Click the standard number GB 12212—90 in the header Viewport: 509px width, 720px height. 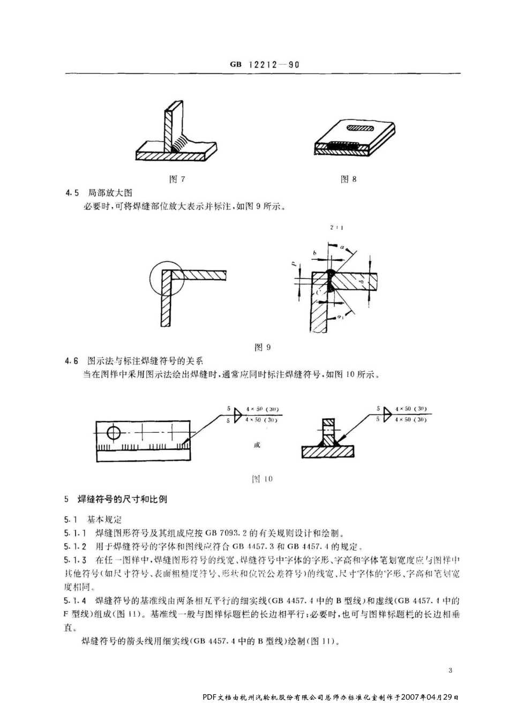click(265, 64)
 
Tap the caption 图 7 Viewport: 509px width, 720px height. click(177, 179)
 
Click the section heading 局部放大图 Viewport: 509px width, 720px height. click(110, 193)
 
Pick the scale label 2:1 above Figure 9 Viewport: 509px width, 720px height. click(337, 228)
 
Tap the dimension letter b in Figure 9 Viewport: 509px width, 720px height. click(315, 252)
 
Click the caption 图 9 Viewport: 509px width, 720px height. click(263, 347)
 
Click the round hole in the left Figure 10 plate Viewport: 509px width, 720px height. click(114, 432)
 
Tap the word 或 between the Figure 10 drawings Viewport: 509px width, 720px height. click(257, 445)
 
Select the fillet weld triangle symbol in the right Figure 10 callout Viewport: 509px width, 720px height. click(386, 414)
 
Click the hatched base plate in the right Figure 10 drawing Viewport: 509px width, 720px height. click(328, 452)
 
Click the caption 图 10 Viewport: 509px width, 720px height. click(262, 479)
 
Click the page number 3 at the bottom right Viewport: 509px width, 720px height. click(450, 670)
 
